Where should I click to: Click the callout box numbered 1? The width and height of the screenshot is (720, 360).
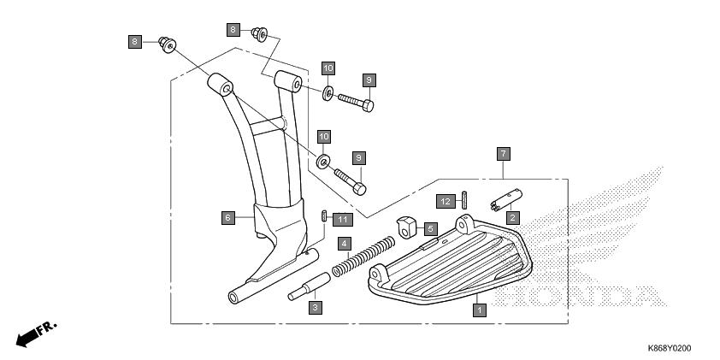pos(480,310)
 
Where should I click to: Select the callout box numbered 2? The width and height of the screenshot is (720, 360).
pos(513,217)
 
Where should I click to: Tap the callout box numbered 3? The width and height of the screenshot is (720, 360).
pos(315,308)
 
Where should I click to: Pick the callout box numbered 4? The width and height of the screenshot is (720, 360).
pos(345,244)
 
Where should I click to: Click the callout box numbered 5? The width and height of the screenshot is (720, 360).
pos(430,228)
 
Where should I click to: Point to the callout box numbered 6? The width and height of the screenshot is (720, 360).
pos(228,218)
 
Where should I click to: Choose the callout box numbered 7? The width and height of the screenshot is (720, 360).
pos(504,154)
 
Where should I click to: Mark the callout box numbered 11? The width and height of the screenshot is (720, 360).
pos(343,220)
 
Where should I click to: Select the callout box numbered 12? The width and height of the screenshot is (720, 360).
pos(446,201)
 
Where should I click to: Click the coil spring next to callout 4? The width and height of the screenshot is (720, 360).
pos(363,256)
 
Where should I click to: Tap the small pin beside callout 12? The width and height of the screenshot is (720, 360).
pos(464,200)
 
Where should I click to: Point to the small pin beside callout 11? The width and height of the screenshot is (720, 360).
pos(325,215)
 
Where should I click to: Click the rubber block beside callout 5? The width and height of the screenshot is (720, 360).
pos(405,227)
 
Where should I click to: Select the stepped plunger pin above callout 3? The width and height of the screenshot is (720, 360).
pos(309,286)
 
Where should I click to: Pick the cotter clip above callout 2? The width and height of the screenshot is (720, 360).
pos(506,199)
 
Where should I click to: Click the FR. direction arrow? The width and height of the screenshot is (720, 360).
pos(36,333)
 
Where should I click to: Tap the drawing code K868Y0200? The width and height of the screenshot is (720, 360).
pos(669,349)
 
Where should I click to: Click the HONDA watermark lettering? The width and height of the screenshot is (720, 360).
pos(581,296)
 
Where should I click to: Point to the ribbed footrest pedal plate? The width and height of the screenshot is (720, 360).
pos(450,263)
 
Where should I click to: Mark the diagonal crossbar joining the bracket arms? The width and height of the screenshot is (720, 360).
pos(267,127)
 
